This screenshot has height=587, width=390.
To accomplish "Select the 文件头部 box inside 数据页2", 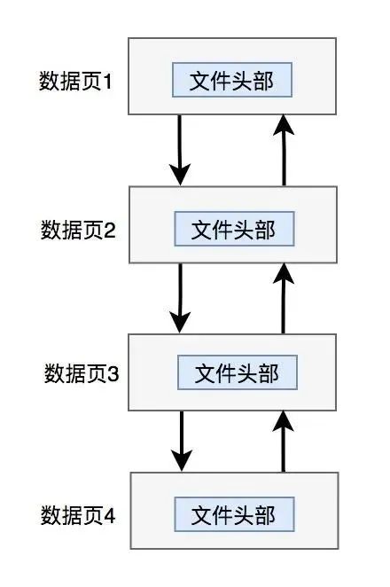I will (234, 229).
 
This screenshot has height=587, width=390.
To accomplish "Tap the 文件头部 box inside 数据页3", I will (236, 372).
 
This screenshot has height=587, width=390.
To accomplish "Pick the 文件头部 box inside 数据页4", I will (233, 514).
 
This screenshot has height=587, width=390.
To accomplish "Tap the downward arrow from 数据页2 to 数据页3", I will (181, 297).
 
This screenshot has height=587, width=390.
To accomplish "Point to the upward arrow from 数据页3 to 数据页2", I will (284, 297).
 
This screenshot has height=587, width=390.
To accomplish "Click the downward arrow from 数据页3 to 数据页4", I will (182, 440).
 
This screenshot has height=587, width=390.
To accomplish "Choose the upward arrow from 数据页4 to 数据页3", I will (284, 440).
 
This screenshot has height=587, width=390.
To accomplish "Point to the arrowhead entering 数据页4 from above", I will (182, 461).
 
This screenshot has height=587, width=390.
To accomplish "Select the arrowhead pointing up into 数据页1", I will (284, 126).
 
